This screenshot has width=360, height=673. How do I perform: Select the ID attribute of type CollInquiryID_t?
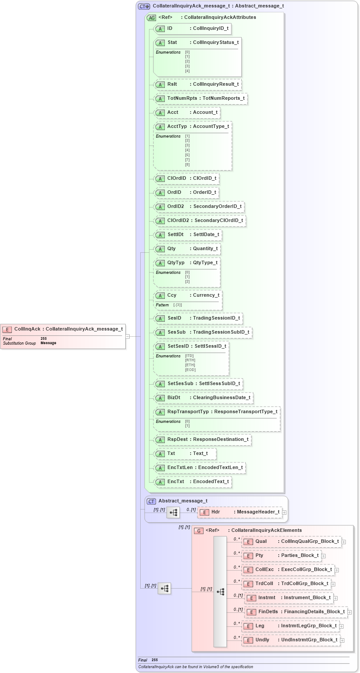coord(192,29)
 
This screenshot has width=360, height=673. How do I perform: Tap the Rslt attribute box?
coord(197,84)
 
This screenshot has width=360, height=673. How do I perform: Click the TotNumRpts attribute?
coord(200,98)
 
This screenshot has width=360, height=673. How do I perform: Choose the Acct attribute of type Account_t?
coord(187,113)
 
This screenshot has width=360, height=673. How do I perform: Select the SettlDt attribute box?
coord(188,235)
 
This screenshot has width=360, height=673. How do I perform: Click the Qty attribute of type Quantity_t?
coord(187,249)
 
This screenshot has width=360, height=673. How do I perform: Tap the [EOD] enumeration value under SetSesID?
coord(190,370)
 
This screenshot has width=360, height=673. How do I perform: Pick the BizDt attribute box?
coord(204,398)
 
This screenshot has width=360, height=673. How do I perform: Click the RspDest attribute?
coord(202,440)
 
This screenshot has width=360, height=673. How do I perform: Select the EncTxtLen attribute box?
coord(200,468)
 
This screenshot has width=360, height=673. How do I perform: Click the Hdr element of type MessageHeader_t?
coord(240,512)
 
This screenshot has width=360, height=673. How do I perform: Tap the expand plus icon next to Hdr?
coord(284,512)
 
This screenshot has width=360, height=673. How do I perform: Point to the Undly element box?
coord(291,640)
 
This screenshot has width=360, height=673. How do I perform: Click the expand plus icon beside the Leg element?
coord(342,626)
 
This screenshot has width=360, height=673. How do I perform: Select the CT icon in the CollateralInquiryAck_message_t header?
coord(144,7)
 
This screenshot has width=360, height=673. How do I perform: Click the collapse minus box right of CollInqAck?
coord(127,336)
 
